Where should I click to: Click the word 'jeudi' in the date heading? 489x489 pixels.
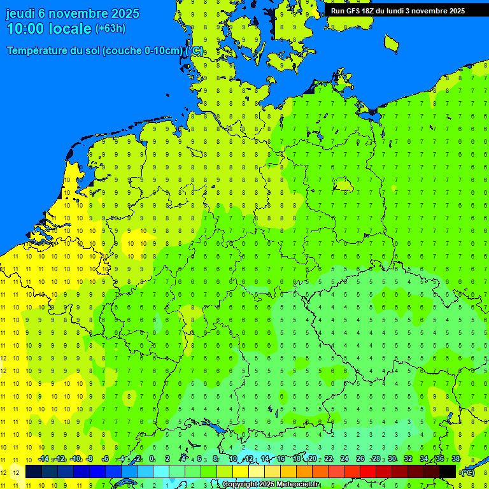point(21,13)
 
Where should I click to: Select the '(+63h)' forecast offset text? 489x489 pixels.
point(110,29)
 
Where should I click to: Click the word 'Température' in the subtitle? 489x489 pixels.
point(37,51)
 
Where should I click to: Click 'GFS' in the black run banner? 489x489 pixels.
point(353,11)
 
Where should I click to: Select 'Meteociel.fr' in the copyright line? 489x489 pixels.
point(299,485)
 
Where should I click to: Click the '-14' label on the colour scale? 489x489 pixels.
point(43,459)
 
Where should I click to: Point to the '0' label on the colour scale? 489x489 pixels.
point(152,459)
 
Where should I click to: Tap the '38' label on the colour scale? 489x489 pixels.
point(455,459)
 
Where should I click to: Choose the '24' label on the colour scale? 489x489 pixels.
point(344,459)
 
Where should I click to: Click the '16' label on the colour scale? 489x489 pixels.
point(281,459)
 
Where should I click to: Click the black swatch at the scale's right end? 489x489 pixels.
point(448,471)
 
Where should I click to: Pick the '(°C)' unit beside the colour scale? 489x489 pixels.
point(467,472)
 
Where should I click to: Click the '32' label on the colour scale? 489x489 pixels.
point(408,459)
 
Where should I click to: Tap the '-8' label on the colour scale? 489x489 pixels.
point(90,459)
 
